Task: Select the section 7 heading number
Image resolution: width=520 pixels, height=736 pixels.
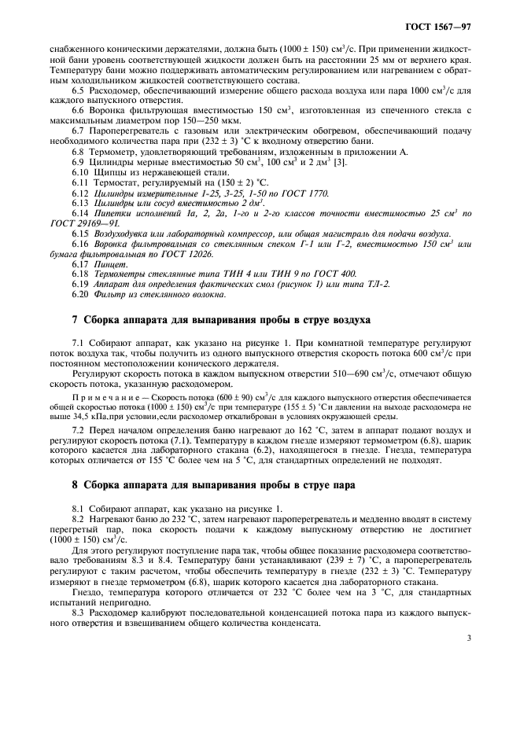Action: point(75,319)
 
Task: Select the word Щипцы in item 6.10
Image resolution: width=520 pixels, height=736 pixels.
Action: point(107,173)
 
